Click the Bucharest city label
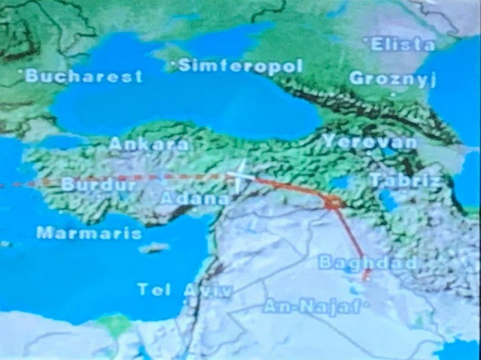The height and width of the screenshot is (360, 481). tap(84, 76)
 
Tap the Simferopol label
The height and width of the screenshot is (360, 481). tap(240, 66)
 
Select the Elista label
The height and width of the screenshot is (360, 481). tap(403, 45)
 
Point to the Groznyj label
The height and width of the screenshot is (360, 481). tap(393, 78)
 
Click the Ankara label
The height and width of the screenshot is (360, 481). tap(149, 144)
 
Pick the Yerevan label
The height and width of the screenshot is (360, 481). tap(370, 141)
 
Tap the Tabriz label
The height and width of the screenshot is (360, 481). tap(406, 180)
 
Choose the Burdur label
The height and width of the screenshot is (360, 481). tap(99, 184)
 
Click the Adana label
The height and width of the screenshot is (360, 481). tap(195, 198)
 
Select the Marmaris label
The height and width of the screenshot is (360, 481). tap(89, 233)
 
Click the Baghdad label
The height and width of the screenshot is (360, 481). tap(367, 263)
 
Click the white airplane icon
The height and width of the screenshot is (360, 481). tap(240, 176)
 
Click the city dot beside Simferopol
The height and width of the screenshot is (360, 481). tap(174, 63)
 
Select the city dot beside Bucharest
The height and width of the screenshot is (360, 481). tap(21, 72)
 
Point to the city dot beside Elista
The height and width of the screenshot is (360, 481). tap(367, 39)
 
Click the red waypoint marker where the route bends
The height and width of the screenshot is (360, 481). tap(333, 203)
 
